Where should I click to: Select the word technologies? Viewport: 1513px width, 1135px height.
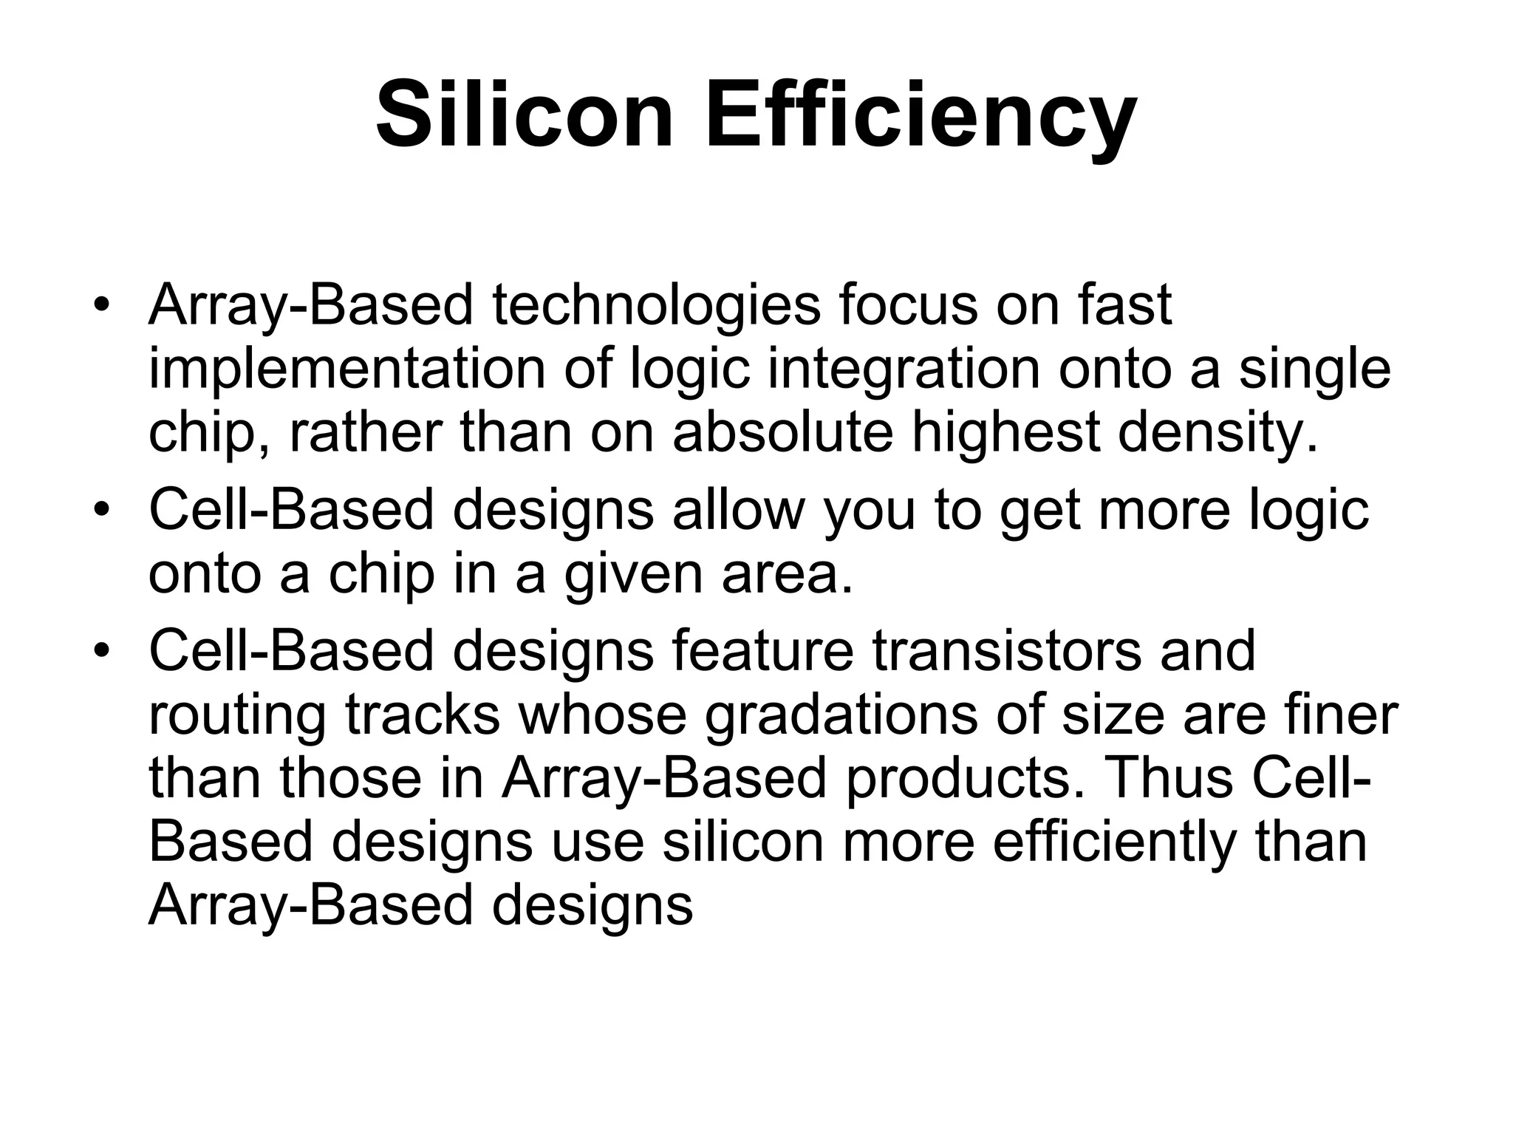tap(657, 305)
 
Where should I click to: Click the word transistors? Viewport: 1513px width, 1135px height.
tap(1006, 650)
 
